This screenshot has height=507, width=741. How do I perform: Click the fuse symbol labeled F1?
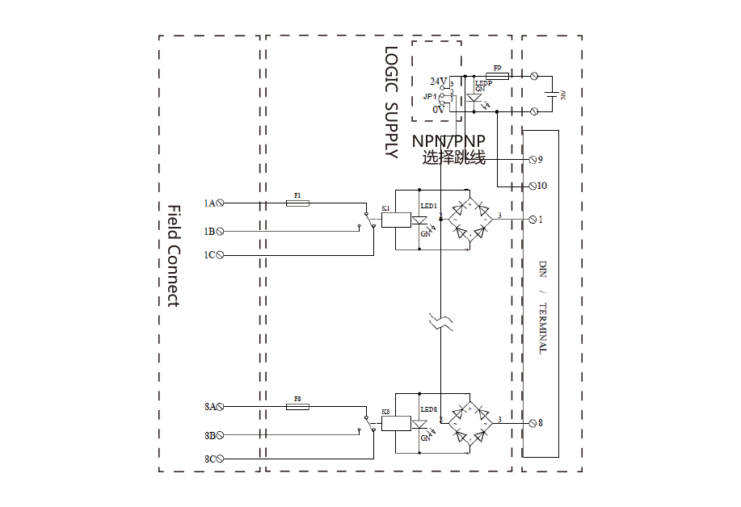297,203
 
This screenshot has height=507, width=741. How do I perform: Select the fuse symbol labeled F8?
297,408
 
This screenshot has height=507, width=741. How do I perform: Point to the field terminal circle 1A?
220,203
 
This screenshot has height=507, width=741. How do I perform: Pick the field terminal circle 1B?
220,231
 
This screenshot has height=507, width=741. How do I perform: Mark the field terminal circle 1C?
220,255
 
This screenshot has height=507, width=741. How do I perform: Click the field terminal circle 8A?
220,408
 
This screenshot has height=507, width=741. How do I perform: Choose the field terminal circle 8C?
220,459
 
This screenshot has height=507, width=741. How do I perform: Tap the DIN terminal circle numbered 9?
533,159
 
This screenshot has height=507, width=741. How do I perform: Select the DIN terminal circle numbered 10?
533,186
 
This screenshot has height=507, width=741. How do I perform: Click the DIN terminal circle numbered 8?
533,422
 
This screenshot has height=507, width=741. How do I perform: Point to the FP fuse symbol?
497,75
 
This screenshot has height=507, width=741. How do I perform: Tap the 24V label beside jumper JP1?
438,82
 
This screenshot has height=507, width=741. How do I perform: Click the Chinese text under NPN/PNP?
453,158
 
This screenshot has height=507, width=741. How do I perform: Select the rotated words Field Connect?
173,255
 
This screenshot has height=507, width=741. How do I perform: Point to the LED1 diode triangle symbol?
419,219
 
